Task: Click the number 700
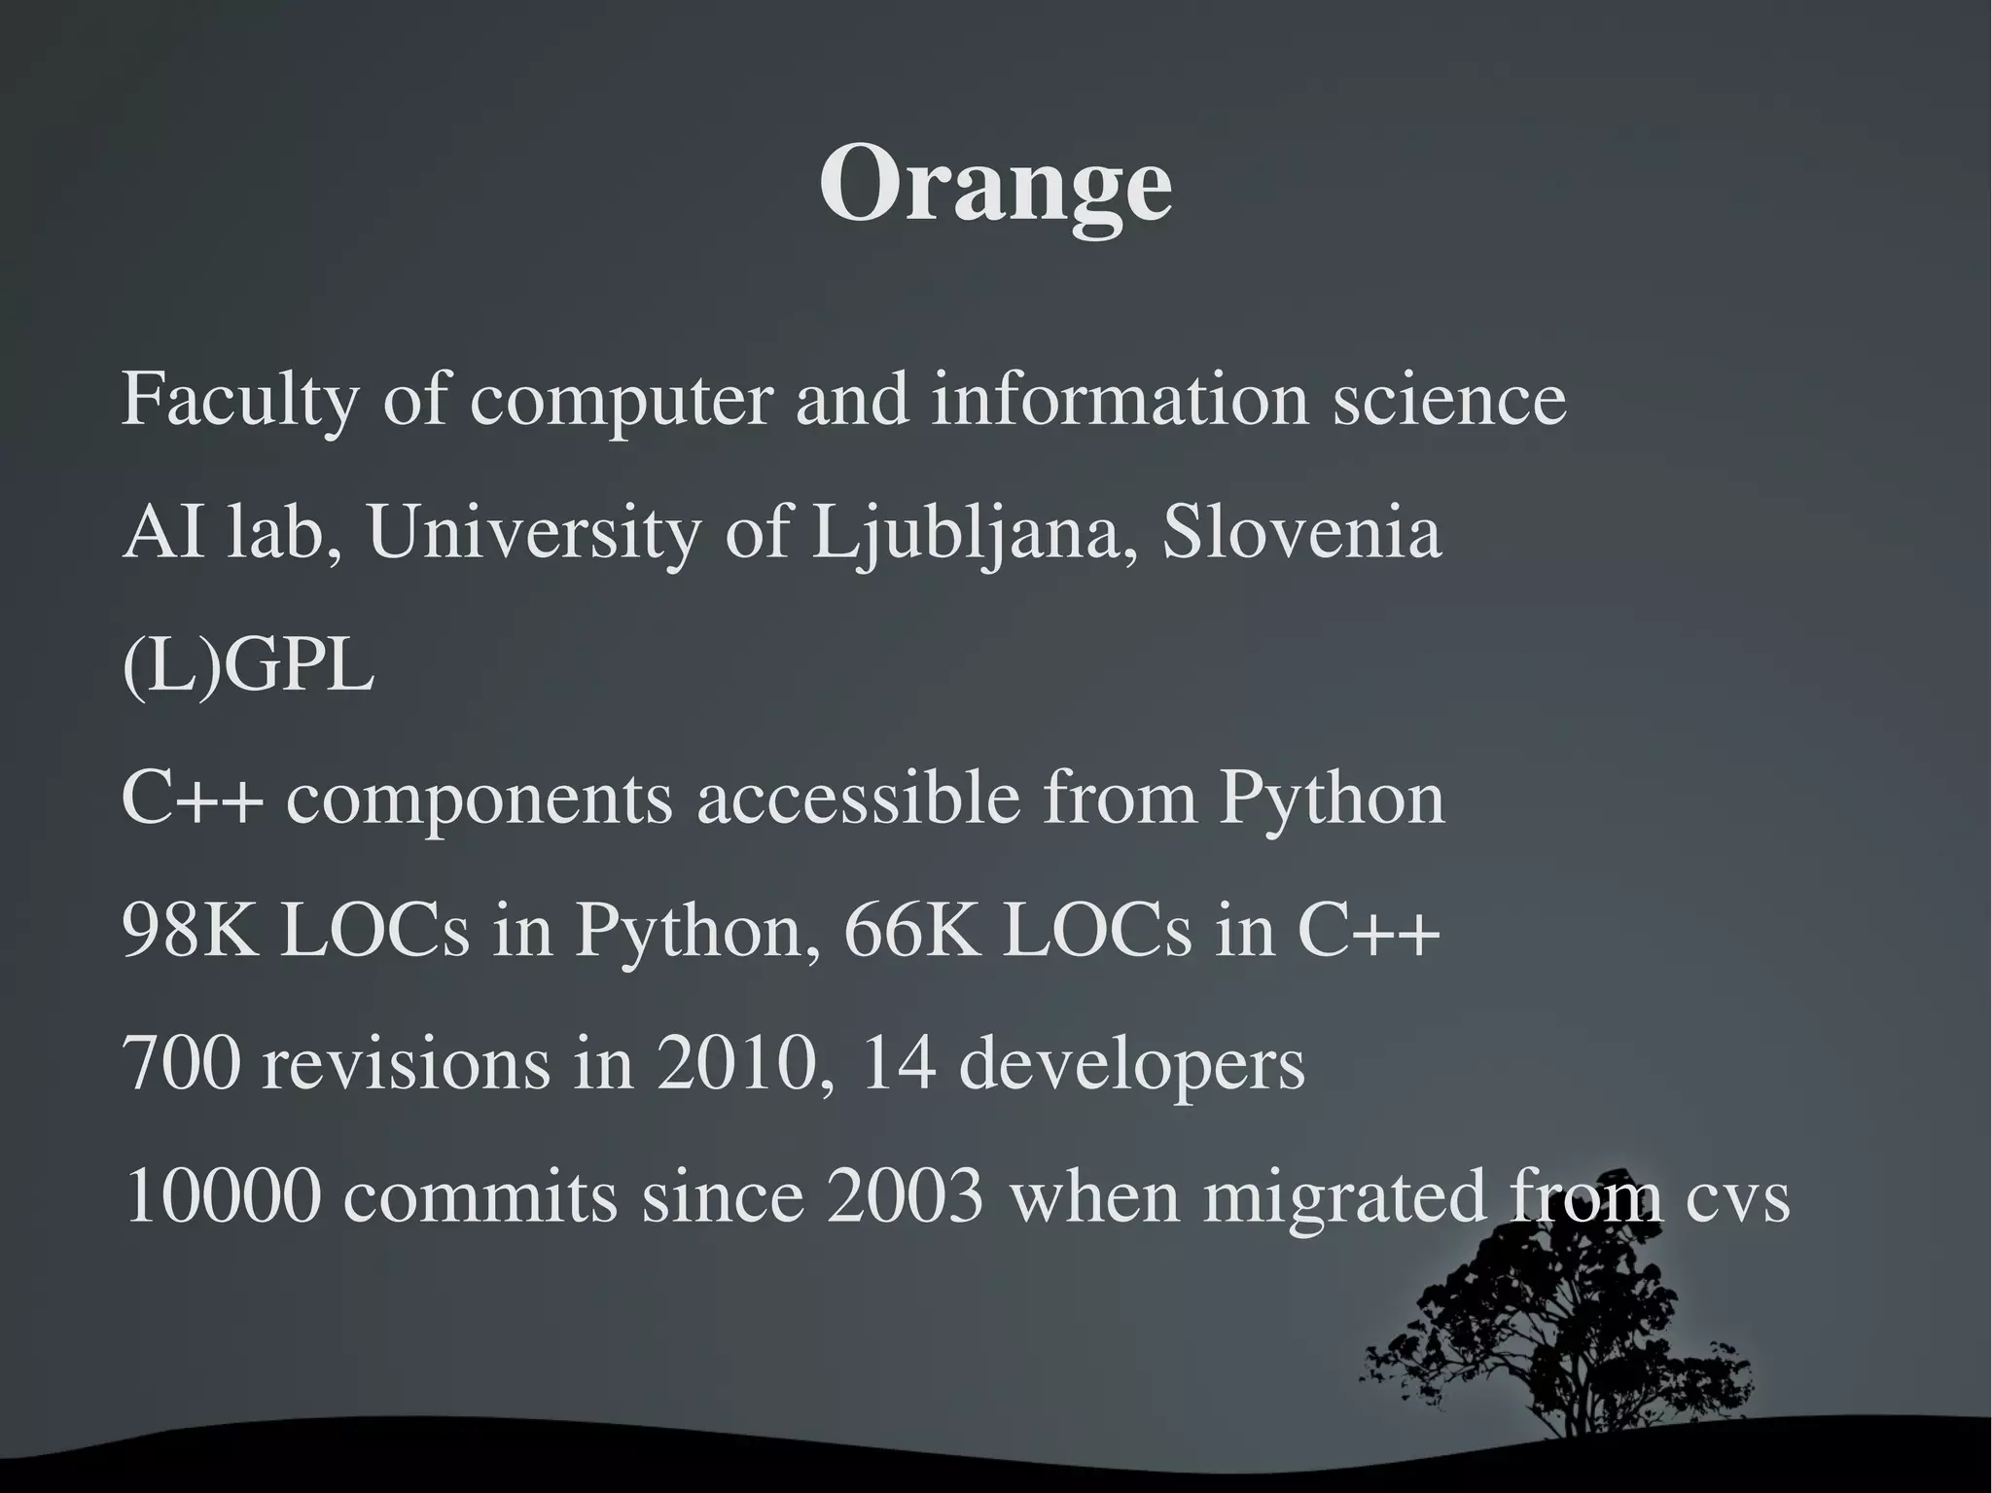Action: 182,1063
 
